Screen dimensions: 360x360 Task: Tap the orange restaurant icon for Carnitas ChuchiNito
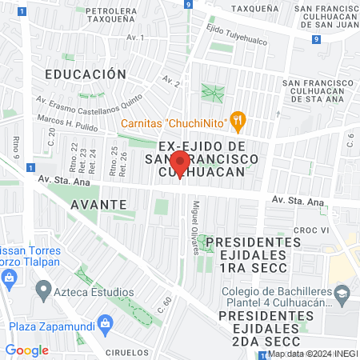[x=236, y=122]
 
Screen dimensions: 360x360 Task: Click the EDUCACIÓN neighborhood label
[x=86, y=74]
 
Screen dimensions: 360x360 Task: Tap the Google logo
[x=26, y=350]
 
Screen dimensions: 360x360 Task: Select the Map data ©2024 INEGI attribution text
[x=311, y=354]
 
